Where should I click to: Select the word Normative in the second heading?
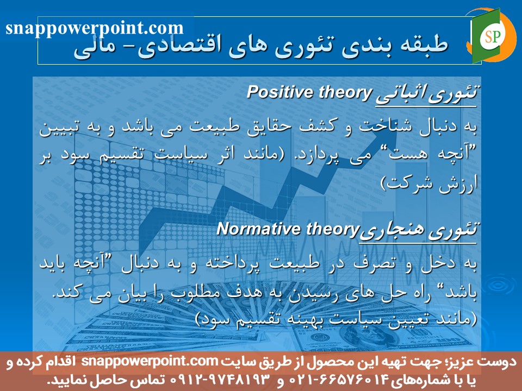point(252,228)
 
